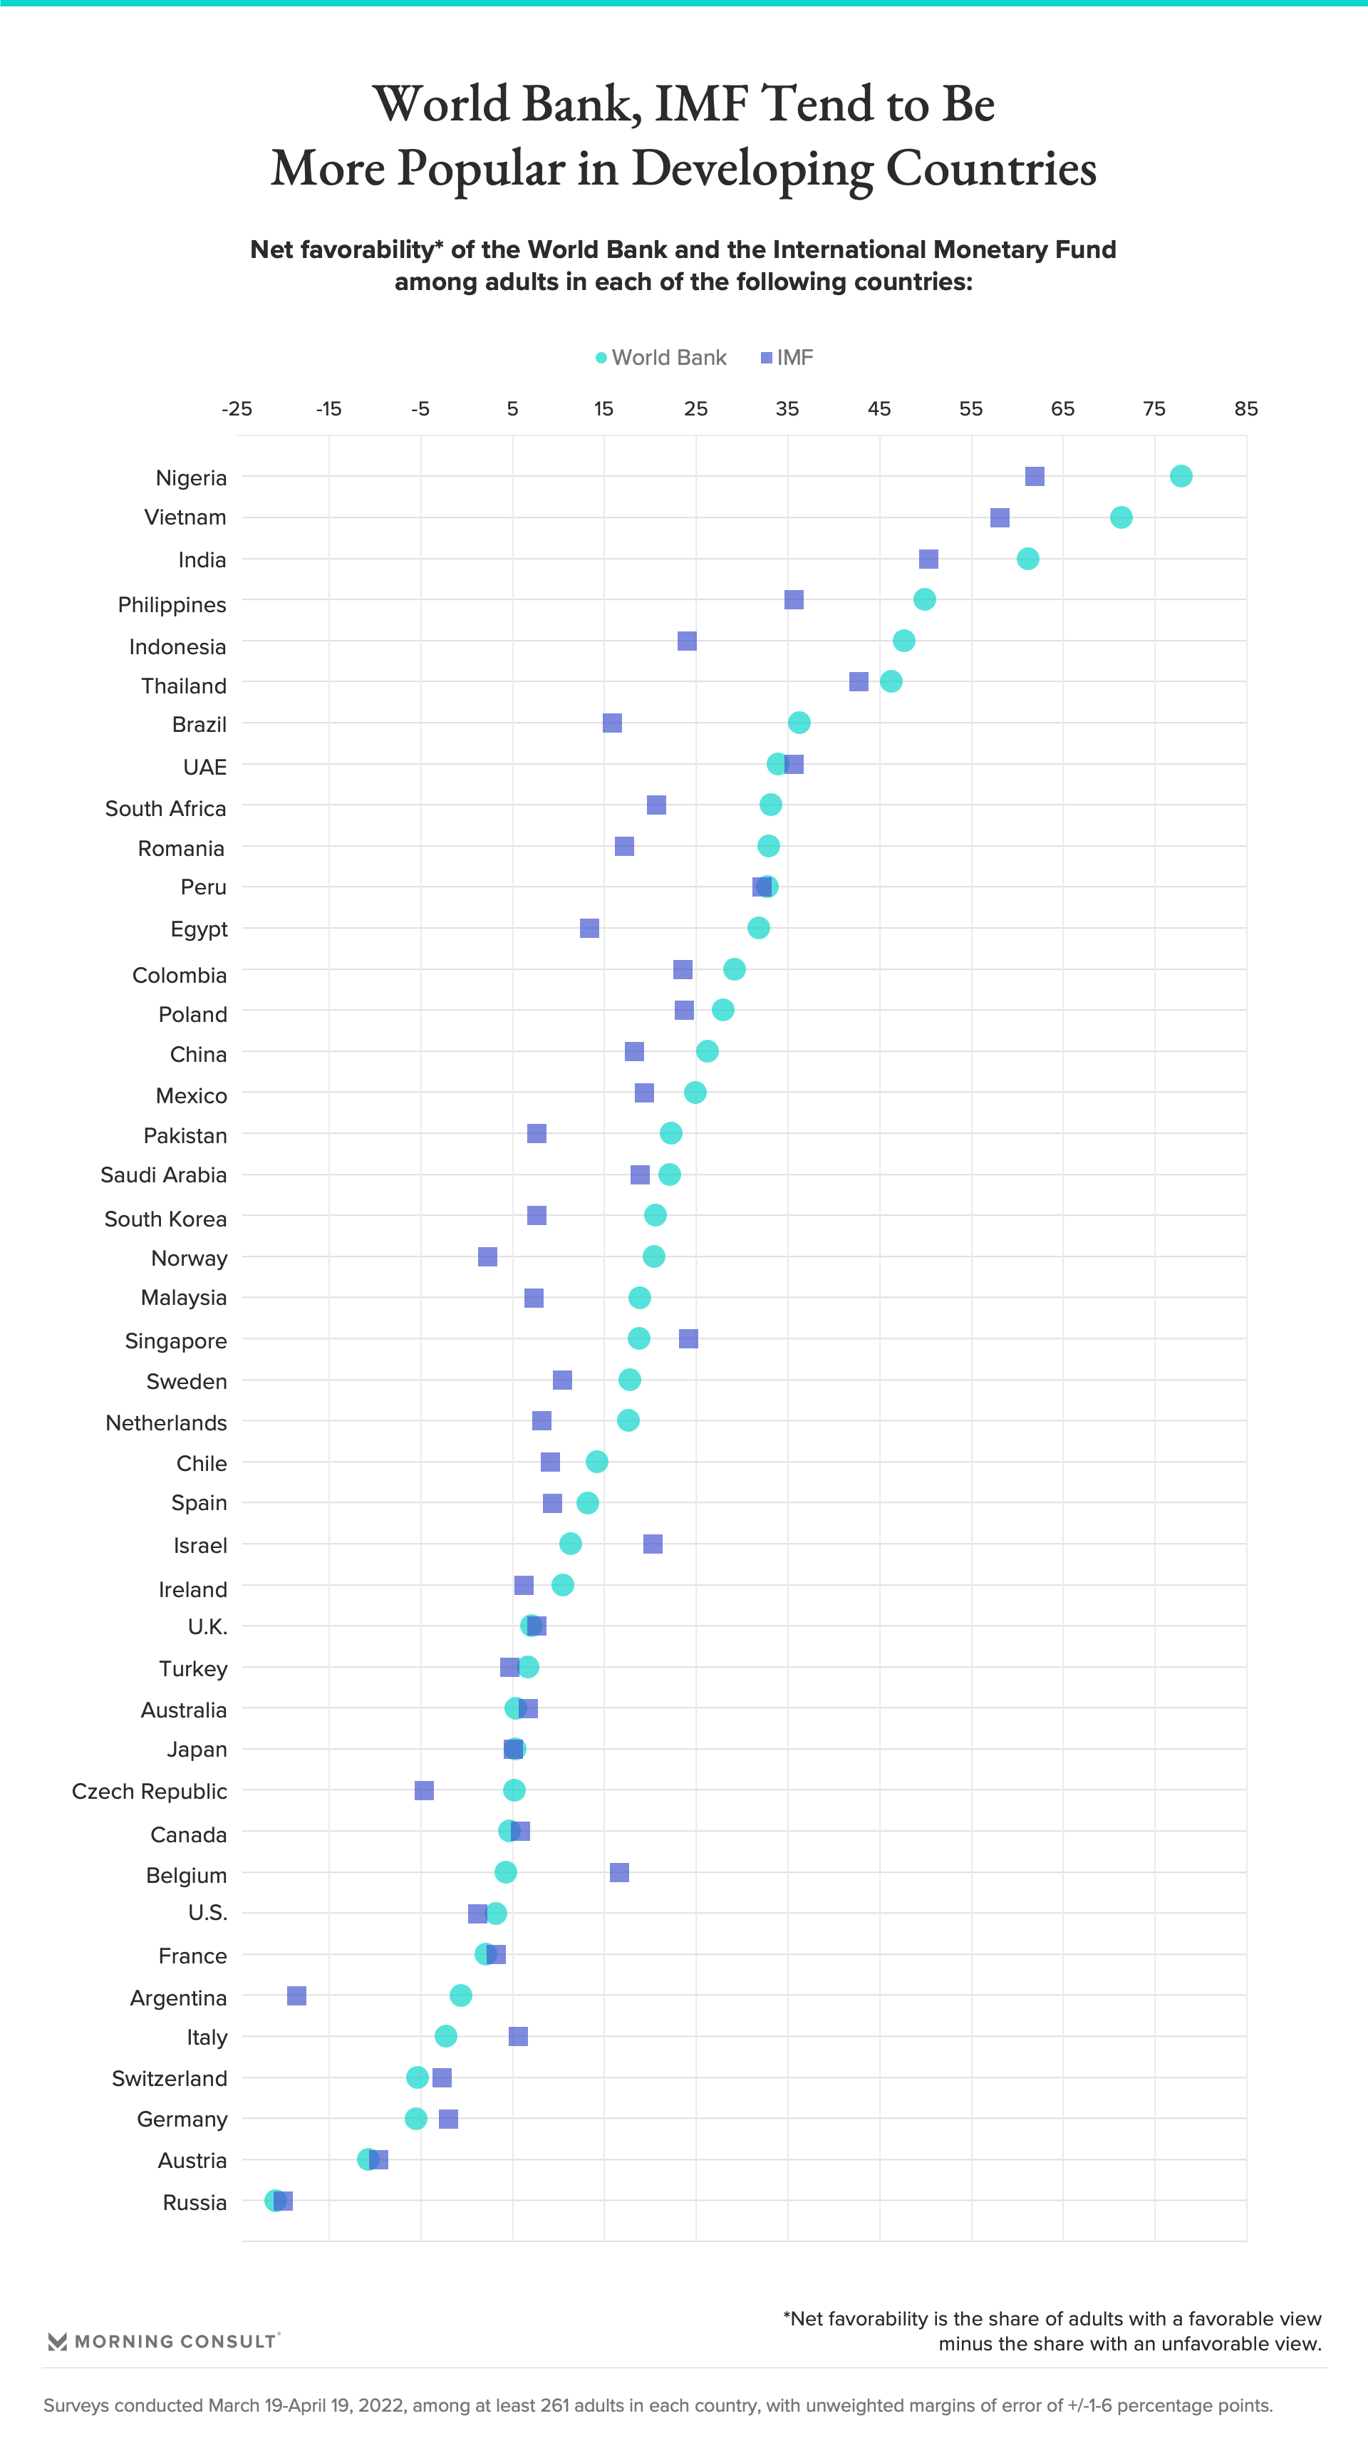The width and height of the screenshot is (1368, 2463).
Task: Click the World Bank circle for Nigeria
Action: (x=1181, y=476)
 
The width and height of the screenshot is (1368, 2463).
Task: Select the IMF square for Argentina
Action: (x=296, y=1995)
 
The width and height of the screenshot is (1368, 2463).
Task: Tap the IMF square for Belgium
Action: (x=619, y=1872)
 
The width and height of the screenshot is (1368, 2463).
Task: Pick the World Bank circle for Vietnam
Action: (x=1121, y=517)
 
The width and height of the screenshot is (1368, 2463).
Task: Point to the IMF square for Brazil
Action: (x=612, y=723)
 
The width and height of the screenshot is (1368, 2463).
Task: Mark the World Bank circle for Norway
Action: (x=654, y=1256)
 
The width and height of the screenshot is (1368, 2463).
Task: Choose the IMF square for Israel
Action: (x=653, y=1544)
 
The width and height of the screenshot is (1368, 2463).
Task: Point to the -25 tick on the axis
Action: (x=237, y=409)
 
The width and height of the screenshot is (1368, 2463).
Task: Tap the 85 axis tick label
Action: (x=1245, y=409)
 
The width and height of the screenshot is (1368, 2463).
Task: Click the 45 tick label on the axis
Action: (x=879, y=409)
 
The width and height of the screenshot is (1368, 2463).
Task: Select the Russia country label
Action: (x=195, y=2203)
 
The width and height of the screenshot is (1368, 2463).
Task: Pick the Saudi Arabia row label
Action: (x=163, y=1175)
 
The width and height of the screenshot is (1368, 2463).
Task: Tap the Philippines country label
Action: (x=172, y=605)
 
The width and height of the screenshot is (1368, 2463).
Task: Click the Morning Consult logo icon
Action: (x=58, y=2342)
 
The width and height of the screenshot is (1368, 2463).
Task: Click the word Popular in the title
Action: (x=480, y=168)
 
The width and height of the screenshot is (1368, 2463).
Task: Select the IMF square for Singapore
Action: (x=688, y=1338)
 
